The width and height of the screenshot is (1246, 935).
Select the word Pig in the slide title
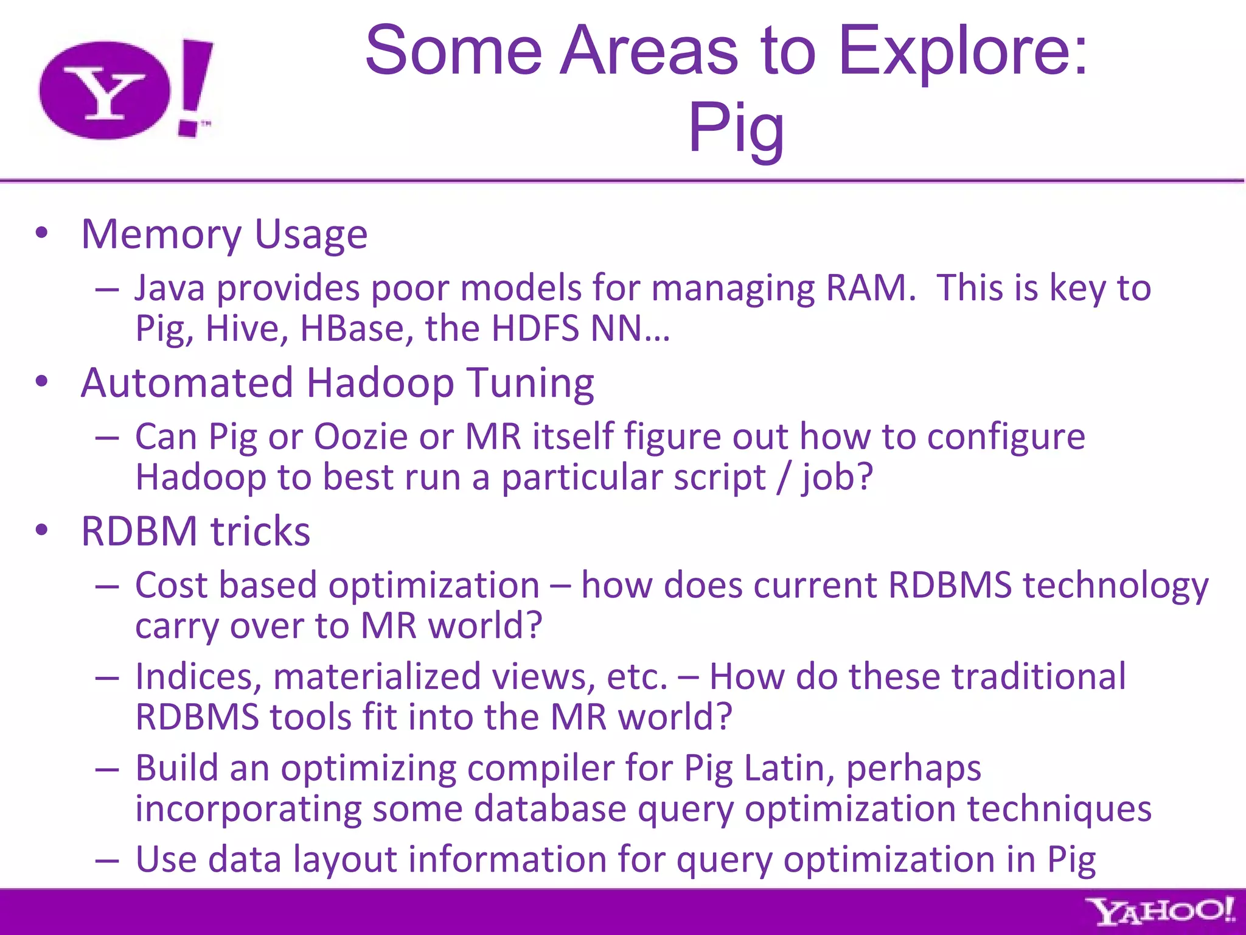tap(736, 128)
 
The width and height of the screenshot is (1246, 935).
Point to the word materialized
tap(377, 676)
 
